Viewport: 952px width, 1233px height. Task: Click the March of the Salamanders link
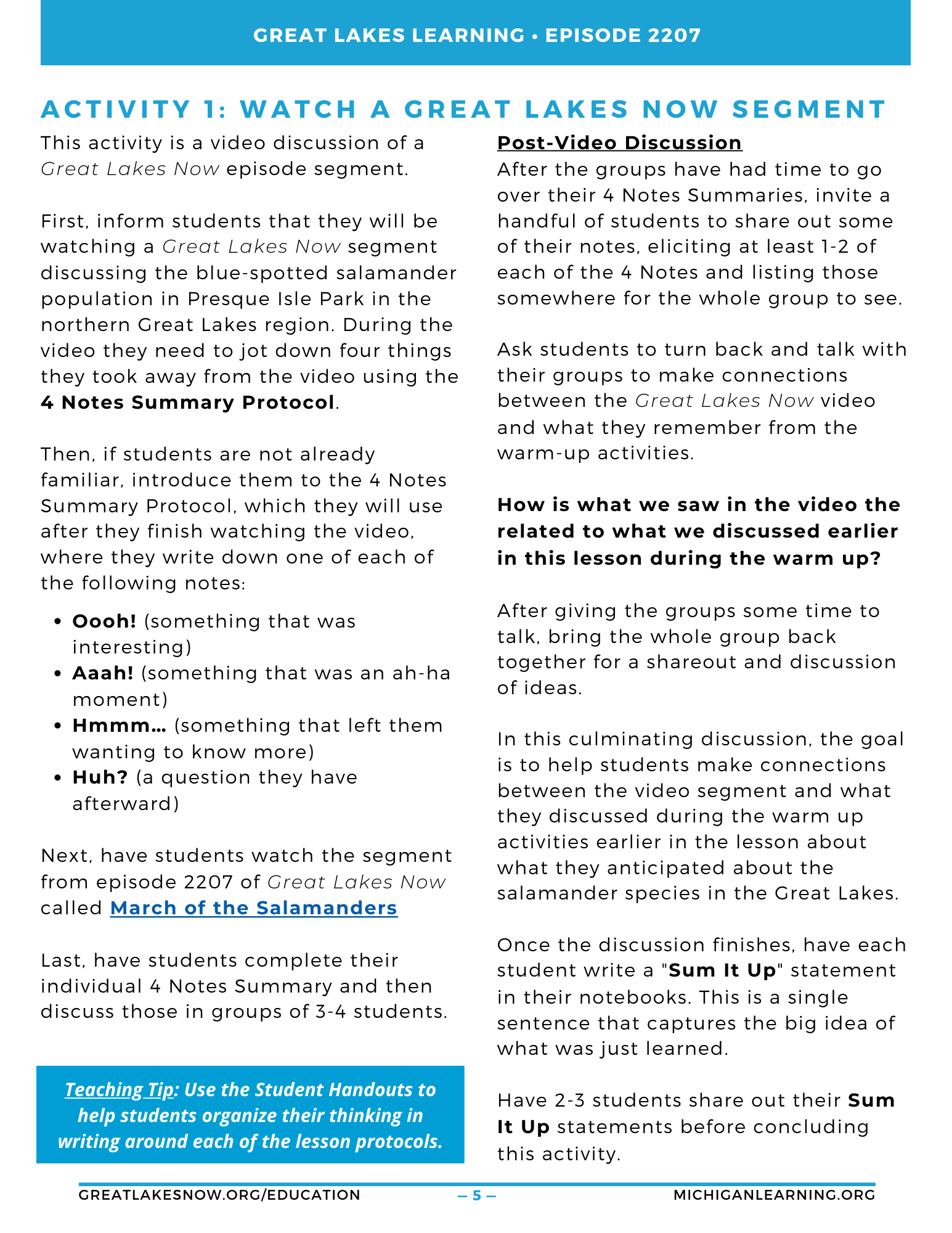pos(253,908)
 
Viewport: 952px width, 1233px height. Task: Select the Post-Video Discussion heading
pos(619,143)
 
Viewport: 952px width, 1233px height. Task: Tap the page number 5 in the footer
pos(477,1195)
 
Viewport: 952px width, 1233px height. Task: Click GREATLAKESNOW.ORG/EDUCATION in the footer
pos(219,1195)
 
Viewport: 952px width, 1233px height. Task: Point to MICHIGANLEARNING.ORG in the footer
pos(774,1195)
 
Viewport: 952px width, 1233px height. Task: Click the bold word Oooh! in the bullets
pos(104,621)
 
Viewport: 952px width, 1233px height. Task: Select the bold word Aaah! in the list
pos(103,673)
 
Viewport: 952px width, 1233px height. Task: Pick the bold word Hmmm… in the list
pos(119,726)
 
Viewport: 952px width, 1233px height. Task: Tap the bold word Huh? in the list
pos(100,777)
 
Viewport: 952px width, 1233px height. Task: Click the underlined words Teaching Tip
pos(119,1090)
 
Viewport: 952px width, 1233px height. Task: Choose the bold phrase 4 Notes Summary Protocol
pos(187,403)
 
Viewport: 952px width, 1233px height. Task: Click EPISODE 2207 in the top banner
pos(623,35)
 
